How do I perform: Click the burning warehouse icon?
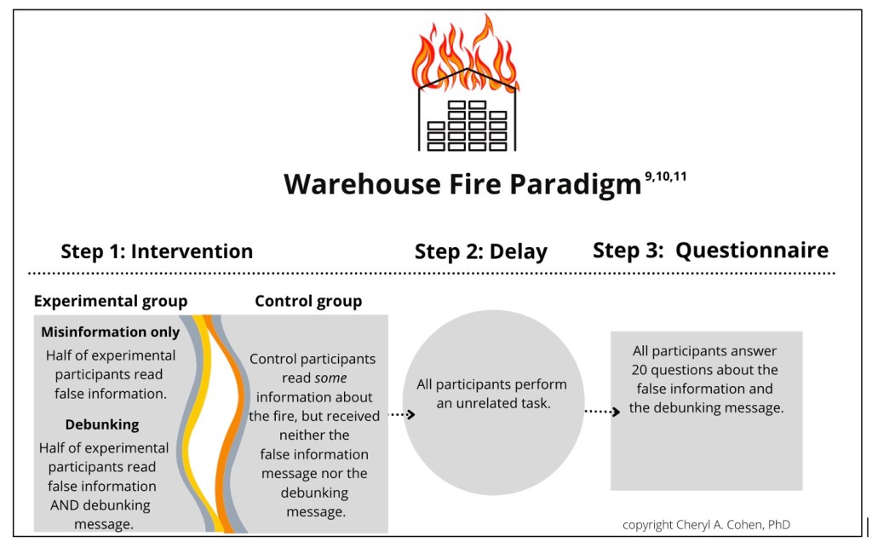pyautogui.click(x=466, y=85)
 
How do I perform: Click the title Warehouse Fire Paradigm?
pyautogui.click(x=462, y=183)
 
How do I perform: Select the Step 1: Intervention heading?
pyautogui.click(x=157, y=251)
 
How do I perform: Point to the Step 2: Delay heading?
pyautogui.click(x=480, y=252)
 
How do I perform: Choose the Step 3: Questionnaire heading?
pyautogui.click(x=710, y=251)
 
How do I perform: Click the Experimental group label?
pyautogui.click(x=111, y=301)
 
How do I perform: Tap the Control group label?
pyautogui.click(x=308, y=301)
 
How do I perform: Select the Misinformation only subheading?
pyautogui.click(x=111, y=332)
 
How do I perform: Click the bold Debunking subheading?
pyautogui.click(x=102, y=424)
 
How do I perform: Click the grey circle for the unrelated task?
pyautogui.click(x=493, y=435)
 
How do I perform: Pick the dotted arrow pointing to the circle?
pyautogui.click(x=401, y=414)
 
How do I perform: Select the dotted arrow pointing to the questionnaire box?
pyautogui.click(x=602, y=411)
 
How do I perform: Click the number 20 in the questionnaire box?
pyautogui.click(x=640, y=370)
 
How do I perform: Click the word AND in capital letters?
pyautogui.click(x=56, y=505)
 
